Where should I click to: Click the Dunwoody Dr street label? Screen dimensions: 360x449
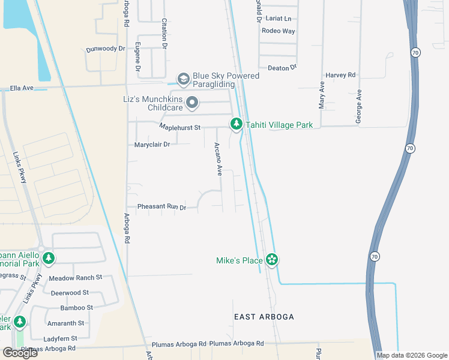pyautogui.click(x=105, y=49)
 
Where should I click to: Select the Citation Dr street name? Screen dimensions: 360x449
pyautogui.click(x=164, y=29)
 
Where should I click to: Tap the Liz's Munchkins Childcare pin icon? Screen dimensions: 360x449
pyautogui.click(x=192, y=103)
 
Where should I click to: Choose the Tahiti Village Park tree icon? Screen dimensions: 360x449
pyautogui.click(x=237, y=124)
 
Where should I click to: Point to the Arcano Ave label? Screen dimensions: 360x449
pyautogui.click(x=219, y=159)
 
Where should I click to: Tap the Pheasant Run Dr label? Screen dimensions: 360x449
pyautogui.click(x=161, y=207)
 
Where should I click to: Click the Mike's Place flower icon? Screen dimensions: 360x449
pyautogui.click(x=272, y=260)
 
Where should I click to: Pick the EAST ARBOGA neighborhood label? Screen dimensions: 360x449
pyautogui.click(x=264, y=316)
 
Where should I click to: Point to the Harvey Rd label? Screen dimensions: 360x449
pyautogui.click(x=340, y=75)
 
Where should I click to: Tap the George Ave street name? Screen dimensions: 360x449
pyautogui.click(x=359, y=107)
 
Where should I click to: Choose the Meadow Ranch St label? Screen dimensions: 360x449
pyautogui.click(x=76, y=278)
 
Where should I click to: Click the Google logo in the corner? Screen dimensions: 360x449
pyautogui.click(x=19, y=353)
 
